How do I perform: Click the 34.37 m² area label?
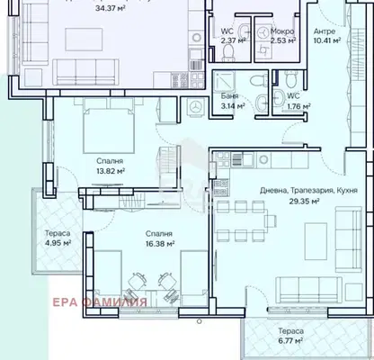(x=110, y=8)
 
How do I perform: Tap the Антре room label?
(x=325, y=31)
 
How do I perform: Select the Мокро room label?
(x=282, y=31)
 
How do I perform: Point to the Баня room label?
(x=230, y=96)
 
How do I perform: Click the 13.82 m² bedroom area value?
(x=111, y=171)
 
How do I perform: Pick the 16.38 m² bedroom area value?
(x=160, y=244)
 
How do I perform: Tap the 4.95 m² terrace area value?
(x=58, y=242)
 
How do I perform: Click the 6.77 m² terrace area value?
(x=290, y=340)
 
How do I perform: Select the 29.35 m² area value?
(x=304, y=201)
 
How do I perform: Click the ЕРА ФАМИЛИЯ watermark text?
(x=100, y=302)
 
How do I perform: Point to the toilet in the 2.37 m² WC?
(x=229, y=53)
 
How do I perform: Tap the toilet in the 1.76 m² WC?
(x=290, y=79)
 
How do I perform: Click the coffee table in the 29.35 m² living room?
(x=316, y=241)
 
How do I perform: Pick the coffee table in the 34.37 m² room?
(x=84, y=40)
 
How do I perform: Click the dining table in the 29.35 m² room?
(x=241, y=221)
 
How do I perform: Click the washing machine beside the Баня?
(x=195, y=107)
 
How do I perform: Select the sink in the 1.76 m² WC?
(x=279, y=98)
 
